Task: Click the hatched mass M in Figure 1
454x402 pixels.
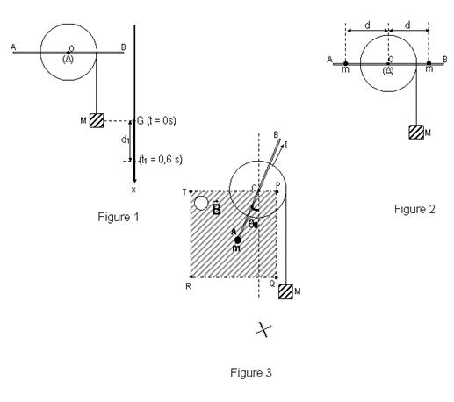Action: click(x=97, y=120)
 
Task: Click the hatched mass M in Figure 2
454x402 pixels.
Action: click(x=416, y=132)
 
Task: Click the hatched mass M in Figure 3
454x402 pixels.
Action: click(x=285, y=291)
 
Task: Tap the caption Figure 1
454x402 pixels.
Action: click(x=119, y=217)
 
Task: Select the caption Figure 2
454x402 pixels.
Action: click(x=414, y=209)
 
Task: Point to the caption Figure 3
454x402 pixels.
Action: click(x=251, y=373)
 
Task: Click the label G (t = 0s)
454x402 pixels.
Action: click(x=156, y=120)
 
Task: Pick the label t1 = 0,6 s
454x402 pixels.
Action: click(x=161, y=160)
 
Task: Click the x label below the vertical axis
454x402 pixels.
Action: click(x=133, y=190)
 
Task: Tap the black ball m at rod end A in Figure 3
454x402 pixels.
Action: click(x=238, y=240)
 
